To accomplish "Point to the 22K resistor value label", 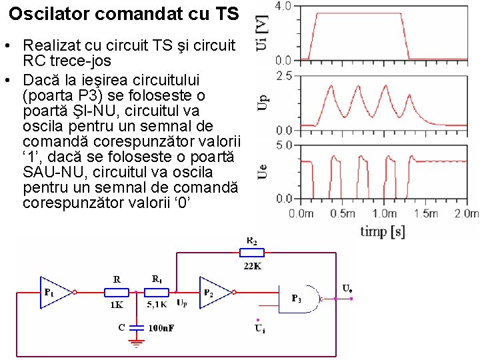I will pyautogui.click(x=252, y=265).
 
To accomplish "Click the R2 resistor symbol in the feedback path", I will pyautogui.click(x=252, y=252).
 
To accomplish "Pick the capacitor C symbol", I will pyautogui.click(x=136, y=327).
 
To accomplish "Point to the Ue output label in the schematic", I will pyautogui.click(x=347, y=288).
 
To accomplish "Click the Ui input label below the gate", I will pyautogui.click(x=259, y=327).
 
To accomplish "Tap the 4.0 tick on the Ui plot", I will pyautogui.click(x=283, y=6).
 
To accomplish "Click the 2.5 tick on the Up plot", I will pyautogui.click(x=283, y=76).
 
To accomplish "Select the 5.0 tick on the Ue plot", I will pyautogui.click(x=283, y=145).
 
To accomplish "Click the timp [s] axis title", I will pyautogui.click(x=383, y=231).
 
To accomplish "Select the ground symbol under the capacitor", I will pyautogui.click(x=136, y=345).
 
